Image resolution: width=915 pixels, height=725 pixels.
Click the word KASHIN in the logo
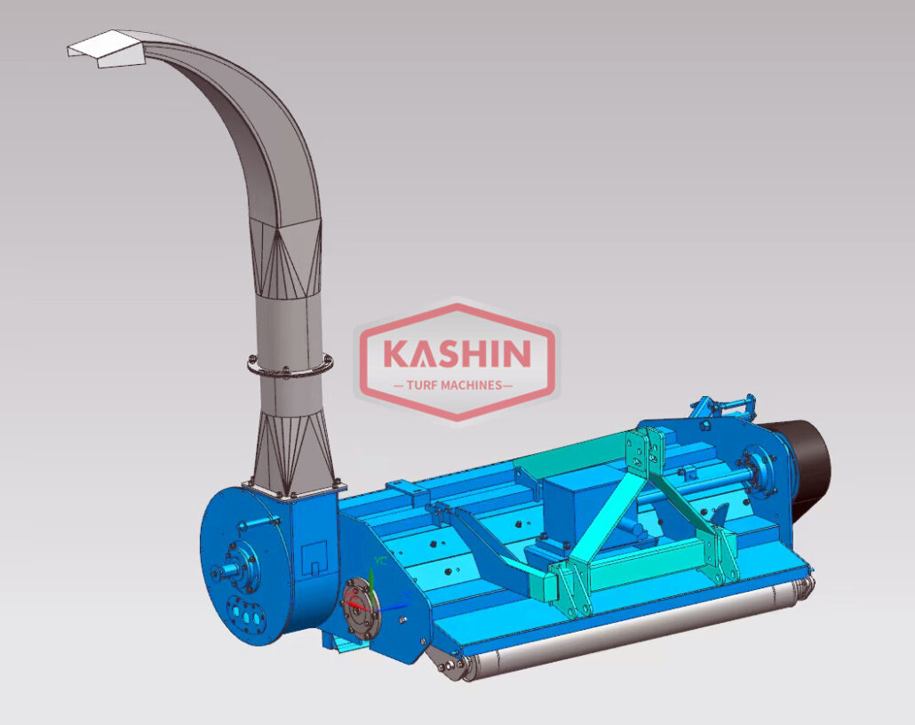click(x=457, y=353)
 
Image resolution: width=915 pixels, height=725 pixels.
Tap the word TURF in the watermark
click(x=422, y=386)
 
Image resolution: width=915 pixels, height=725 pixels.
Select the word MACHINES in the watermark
click(x=472, y=386)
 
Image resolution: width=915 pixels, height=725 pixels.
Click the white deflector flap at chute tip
click(x=105, y=48)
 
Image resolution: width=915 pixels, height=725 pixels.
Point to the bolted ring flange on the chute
click(x=290, y=365)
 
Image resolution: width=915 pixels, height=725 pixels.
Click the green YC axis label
click(x=381, y=561)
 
